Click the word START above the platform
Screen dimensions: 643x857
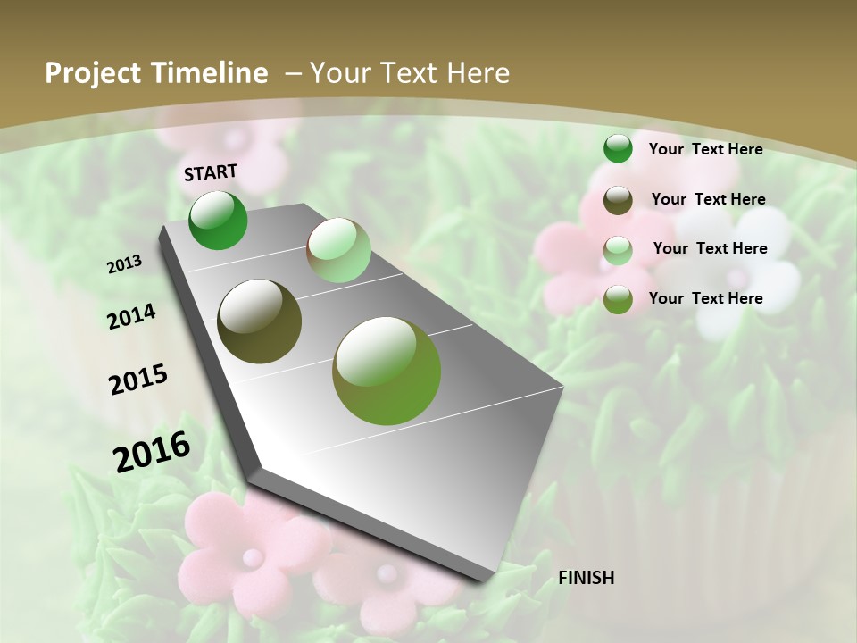(x=211, y=172)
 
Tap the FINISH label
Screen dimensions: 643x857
(x=586, y=578)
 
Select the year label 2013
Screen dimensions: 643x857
(x=125, y=264)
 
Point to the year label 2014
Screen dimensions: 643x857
(x=131, y=317)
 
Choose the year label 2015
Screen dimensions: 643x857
(x=138, y=380)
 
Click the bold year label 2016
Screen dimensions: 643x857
(x=153, y=451)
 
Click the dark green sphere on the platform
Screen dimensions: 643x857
(x=218, y=220)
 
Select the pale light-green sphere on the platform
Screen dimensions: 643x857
(x=338, y=250)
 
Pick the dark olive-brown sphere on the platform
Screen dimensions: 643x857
(x=260, y=321)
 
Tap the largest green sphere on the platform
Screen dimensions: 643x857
(x=387, y=371)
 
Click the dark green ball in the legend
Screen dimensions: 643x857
(x=618, y=148)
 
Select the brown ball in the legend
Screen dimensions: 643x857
(x=618, y=200)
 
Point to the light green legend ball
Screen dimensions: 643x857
(x=618, y=249)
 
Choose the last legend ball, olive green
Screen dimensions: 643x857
(x=618, y=299)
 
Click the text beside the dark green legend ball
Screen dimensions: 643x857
(x=705, y=149)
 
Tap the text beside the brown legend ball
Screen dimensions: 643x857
(x=708, y=199)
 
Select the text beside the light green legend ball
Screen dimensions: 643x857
(x=710, y=248)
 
